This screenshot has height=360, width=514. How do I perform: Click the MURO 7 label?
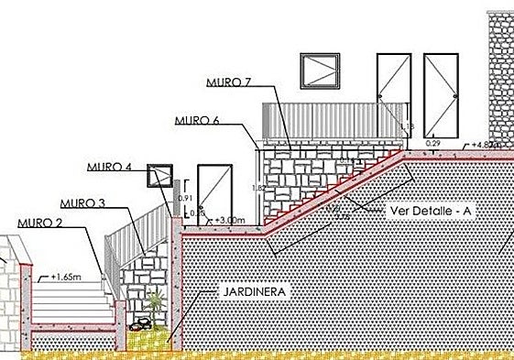(x=229, y=82)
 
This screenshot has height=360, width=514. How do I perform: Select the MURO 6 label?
(x=197, y=119)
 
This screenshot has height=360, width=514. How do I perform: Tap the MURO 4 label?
(x=110, y=167)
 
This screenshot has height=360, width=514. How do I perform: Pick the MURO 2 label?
(x=39, y=223)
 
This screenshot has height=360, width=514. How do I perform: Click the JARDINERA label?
(x=255, y=292)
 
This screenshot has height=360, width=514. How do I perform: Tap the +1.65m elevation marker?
(x=66, y=274)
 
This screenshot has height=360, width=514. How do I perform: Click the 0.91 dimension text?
(x=183, y=198)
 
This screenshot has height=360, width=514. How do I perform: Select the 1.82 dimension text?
(x=257, y=188)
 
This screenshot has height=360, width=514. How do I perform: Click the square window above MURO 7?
(x=320, y=70)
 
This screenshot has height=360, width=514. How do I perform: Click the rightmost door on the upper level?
(x=440, y=93)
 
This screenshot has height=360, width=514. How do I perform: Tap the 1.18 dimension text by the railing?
(x=409, y=126)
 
